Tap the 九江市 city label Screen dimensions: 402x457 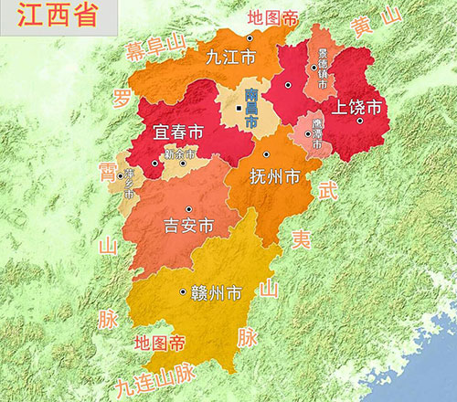[x=229, y=57]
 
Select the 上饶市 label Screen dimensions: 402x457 [x=358, y=105]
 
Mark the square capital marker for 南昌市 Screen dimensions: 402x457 [x=239, y=108]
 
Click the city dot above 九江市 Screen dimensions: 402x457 [x=250, y=38]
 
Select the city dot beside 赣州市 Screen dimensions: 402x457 [x=182, y=292]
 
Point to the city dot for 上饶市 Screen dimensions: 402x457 [x=360, y=120]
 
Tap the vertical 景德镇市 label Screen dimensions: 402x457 [x=322, y=70]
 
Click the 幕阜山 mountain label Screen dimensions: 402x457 [x=156, y=45]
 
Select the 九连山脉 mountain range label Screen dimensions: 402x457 [x=155, y=379]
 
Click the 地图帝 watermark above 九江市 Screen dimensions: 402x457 [x=273, y=16]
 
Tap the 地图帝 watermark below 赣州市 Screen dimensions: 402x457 [x=159, y=344]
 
